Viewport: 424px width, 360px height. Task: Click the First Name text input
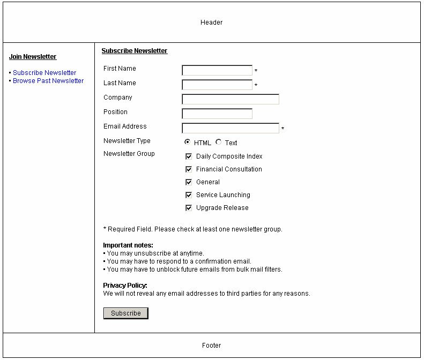tap(217, 70)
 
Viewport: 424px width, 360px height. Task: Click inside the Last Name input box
tap(217, 85)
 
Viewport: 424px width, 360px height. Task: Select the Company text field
tap(230, 99)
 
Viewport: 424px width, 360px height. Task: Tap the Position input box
tap(217, 114)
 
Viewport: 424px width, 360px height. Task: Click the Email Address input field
tap(230, 128)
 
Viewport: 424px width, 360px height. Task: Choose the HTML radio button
tap(187, 142)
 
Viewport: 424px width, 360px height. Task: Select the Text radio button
tap(218, 142)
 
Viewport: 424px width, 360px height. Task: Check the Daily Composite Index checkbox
tap(189, 156)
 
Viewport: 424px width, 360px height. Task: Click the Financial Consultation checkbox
tap(189, 169)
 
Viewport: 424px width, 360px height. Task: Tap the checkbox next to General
tap(189, 182)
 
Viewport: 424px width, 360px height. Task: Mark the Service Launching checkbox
tap(189, 195)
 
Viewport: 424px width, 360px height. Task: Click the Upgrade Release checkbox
tap(189, 208)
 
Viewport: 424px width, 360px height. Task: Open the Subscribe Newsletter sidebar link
tap(44, 73)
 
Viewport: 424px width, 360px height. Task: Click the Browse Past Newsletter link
tap(48, 81)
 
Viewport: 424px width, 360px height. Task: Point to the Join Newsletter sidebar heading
tap(33, 57)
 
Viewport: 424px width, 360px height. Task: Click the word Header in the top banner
tap(212, 22)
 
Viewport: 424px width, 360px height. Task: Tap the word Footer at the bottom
tap(212, 346)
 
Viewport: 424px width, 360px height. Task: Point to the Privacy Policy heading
tap(125, 286)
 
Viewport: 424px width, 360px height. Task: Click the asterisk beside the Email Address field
tap(283, 129)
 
